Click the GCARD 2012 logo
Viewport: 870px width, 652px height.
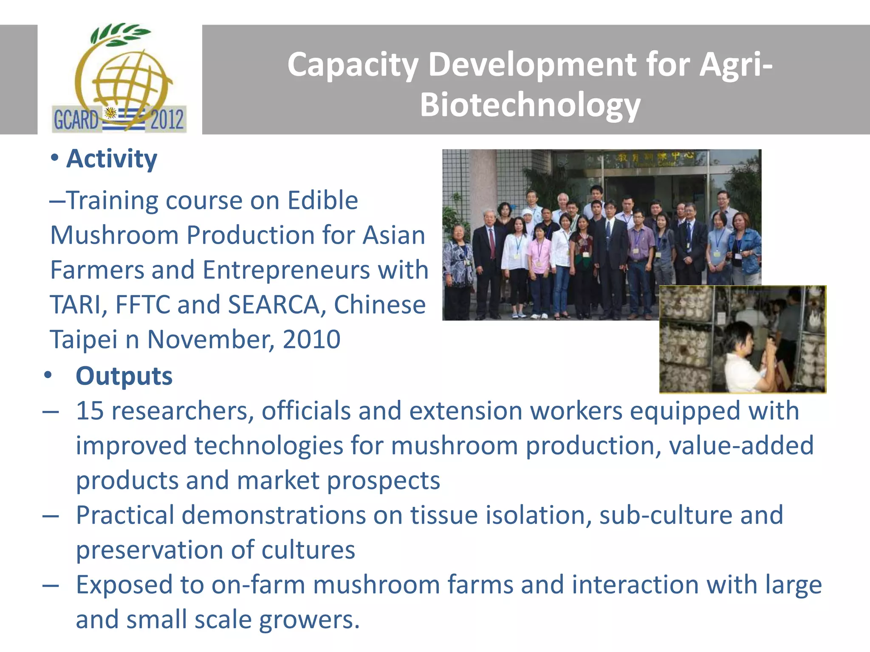pyautogui.click(x=119, y=79)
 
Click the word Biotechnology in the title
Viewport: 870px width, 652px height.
pyautogui.click(x=530, y=105)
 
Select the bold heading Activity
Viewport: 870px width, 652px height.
pyautogui.click(x=112, y=159)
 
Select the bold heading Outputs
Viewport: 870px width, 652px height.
pyautogui.click(x=124, y=376)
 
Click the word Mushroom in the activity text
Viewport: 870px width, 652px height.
pyautogui.click(x=114, y=235)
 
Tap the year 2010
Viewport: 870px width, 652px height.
pyautogui.click(x=311, y=340)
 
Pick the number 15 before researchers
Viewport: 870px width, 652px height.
pyautogui.click(x=90, y=411)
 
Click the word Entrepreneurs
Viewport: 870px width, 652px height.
pyautogui.click(x=286, y=270)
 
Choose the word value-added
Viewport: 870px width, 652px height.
pyautogui.click(x=741, y=446)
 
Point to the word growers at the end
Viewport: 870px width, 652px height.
pyautogui.click(x=309, y=620)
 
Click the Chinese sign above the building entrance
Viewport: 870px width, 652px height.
pyautogui.click(x=654, y=158)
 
